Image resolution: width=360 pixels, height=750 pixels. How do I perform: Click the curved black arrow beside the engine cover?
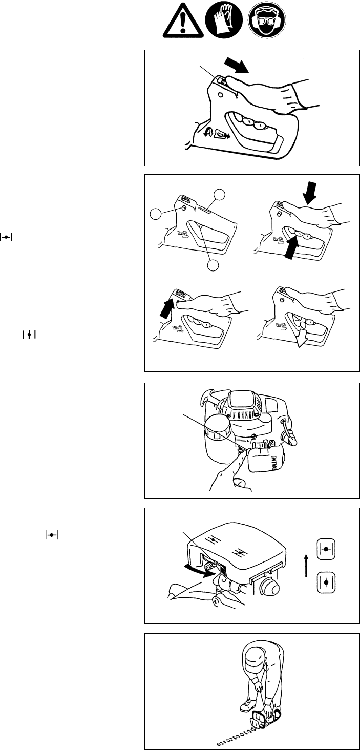(199, 572)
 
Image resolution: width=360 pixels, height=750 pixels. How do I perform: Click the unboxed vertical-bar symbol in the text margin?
(30, 334)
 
